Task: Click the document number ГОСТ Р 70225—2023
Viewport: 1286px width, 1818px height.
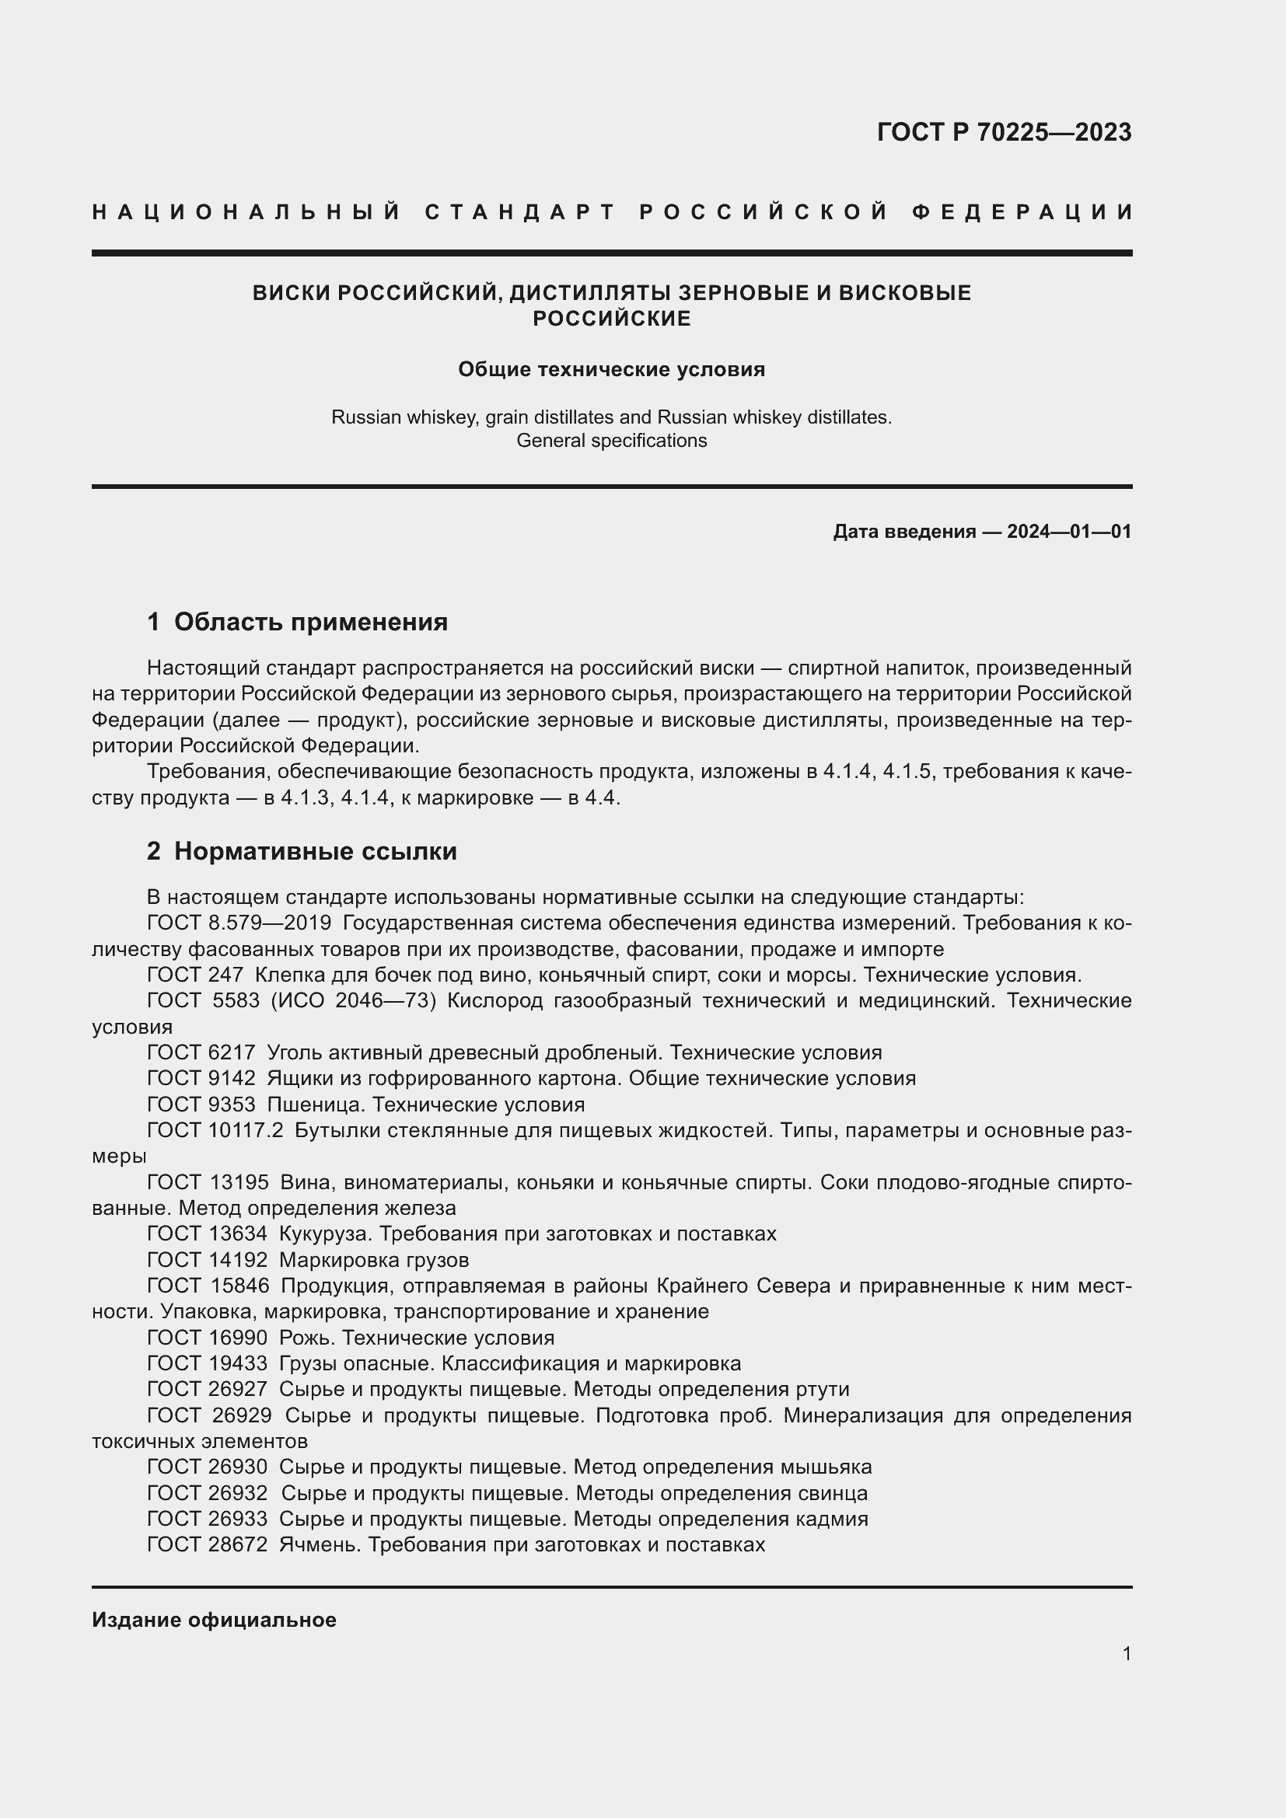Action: pyautogui.click(x=1004, y=132)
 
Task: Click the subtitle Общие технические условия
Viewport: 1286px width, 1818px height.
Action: pyautogui.click(x=611, y=370)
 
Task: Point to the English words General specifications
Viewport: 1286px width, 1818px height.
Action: pyautogui.click(x=611, y=441)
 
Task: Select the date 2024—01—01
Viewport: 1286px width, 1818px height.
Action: pyautogui.click(x=1069, y=532)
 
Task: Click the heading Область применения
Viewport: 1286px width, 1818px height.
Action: pyautogui.click(x=310, y=622)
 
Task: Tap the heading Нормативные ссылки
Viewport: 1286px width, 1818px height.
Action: pyautogui.click(x=315, y=851)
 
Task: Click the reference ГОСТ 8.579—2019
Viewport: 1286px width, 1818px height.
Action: pyautogui.click(x=239, y=923)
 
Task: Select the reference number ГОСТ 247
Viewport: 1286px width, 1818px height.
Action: pyautogui.click(x=195, y=975)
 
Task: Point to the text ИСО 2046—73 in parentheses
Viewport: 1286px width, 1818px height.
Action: pyautogui.click(x=354, y=1001)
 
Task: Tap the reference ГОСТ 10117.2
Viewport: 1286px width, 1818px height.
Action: pyautogui.click(x=215, y=1131)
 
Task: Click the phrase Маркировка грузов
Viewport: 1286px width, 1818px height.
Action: pyautogui.click(x=374, y=1260)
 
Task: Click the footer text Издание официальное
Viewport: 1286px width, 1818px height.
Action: pyautogui.click(x=214, y=1620)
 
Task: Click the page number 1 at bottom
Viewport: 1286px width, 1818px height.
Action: pyautogui.click(x=1126, y=1653)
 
